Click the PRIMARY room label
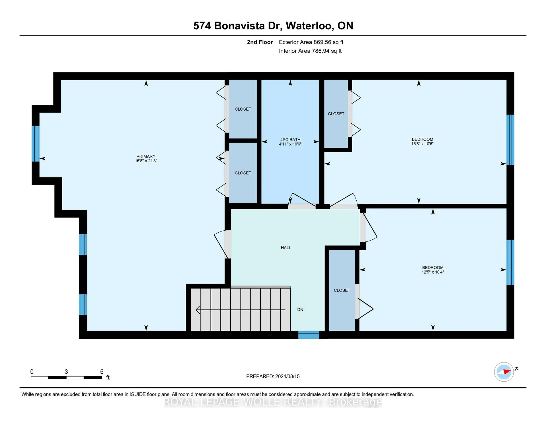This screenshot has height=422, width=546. pyautogui.click(x=146, y=156)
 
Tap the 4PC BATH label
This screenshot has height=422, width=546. pyautogui.click(x=290, y=140)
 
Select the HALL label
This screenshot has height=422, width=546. pyautogui.click(x=286, y=248)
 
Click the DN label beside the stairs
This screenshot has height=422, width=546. pyautogui.click(x=300, y=310)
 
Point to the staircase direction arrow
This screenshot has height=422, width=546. pyautogui.click(x=241, y=310)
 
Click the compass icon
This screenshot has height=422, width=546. pyautogui.click(x=504, y=372)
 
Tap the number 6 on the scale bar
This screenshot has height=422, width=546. pyautogui.click(x=102, y=372)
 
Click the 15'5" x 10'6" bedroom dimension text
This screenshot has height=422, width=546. pyautogui.click(x=422, y=144)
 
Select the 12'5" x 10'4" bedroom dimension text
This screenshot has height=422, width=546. pyautogui.click(x=433, y=272)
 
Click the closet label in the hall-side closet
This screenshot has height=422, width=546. pyautogui.click(x=342, y=290)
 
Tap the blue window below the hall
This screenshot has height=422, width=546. pyautogui.click(x=309, y=335)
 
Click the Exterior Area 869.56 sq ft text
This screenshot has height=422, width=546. pyautogui.click(x=311, y=42)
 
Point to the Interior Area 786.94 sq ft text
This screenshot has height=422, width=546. pyautogui.click(x=310, y=51)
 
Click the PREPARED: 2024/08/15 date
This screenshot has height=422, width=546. pyautogui.click(x=273, y=376)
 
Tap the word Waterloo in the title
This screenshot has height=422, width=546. pyautogui.click(x=309, y=26)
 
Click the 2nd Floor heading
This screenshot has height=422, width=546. pyautogui.click(x=260, y=42)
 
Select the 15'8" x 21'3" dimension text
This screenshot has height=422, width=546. pyautogui.click(x=146, y=161)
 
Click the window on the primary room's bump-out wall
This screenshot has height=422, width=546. pyautogui.click(x=36, y=144)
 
